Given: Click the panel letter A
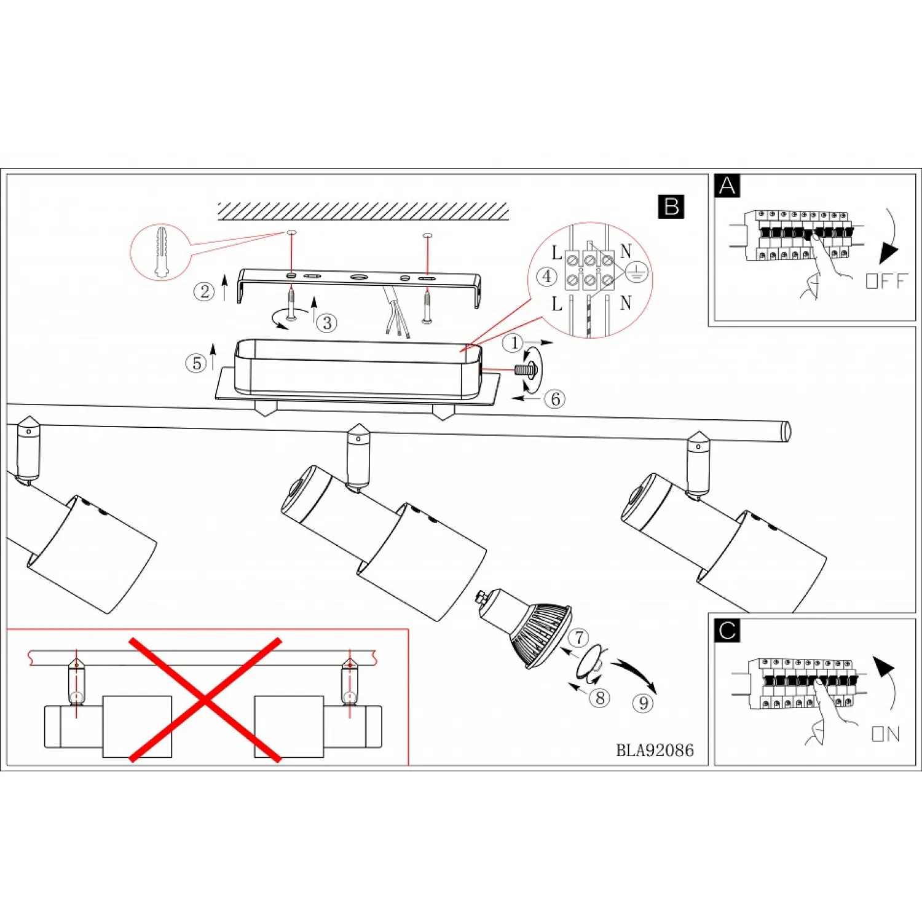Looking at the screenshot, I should [727, 186].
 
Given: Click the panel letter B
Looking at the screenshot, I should [671, 207].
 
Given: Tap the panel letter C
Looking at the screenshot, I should [727, 631].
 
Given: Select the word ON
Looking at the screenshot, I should [886, 733].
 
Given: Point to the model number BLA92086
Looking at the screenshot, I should [655, 750].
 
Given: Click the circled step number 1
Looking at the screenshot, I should [513, 343].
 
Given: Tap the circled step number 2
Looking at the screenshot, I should [205, 291].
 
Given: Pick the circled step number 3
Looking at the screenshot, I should [327, 323].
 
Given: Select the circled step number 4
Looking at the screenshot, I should [546, 276].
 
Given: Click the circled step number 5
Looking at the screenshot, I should [196, 363].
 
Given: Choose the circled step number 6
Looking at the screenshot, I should [555, 399].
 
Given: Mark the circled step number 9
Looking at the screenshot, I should [643, 703].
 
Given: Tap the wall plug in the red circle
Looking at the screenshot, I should [162, 252].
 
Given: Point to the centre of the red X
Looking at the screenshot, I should [205, 700].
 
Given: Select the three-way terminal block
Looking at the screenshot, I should [589, 270].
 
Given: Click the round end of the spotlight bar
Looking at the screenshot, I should [786, 431].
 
